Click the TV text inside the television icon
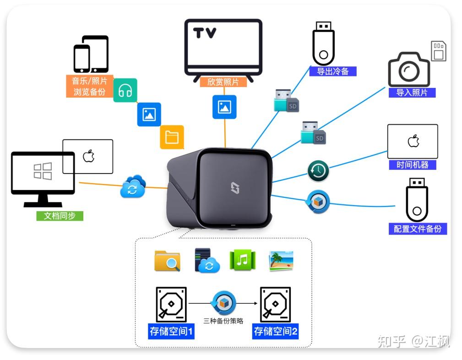pos(205,33)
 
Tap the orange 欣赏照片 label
pos(223,82)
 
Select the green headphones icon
pos(125,91)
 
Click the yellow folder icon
pos(172,137)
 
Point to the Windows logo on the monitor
pos(43,171)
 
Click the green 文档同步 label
pos(60,216)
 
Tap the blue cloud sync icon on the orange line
pos(133,187)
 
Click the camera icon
pos(409,69)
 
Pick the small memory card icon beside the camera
pos(439,51)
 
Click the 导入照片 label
pos(412,93)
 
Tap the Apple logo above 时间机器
pos(413,141)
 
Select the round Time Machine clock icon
pos(318,171)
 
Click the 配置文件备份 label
pos(417,229)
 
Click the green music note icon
pos(242,260)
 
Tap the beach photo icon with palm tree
pos(281,261)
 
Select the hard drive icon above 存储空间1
pos(171,305)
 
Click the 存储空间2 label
pos(276,332)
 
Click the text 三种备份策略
pos(224,321)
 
